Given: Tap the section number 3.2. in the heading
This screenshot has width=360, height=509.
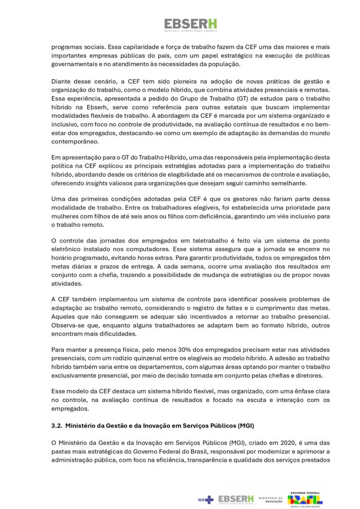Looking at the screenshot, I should [57, 426].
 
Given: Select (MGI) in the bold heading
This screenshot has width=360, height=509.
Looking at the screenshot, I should [247, 426].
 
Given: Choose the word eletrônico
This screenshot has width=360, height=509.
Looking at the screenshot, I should [67, 249].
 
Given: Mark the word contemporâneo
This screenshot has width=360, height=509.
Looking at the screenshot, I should [75, 141].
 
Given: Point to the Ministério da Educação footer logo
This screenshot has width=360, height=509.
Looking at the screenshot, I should [270, 500].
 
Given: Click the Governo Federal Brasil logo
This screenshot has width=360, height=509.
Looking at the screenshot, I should [305, 499].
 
